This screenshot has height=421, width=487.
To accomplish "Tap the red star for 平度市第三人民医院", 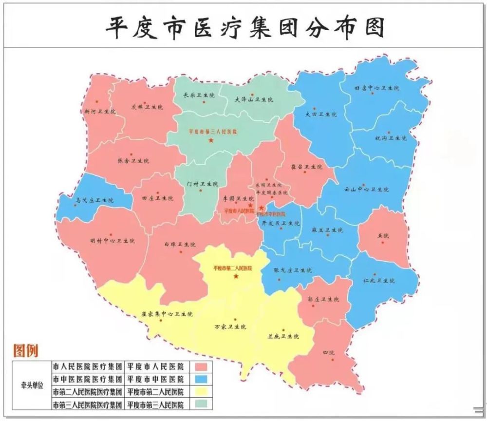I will pyautogui.click(x=211, y=140).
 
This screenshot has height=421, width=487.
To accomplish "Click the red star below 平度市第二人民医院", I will pyautogui.click(x=236, y=277).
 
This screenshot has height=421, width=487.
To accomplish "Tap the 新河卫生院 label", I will pyautogui.click(x=100, y=111).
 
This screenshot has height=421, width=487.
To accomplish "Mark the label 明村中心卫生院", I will pyautogui.click(x=112, y=241).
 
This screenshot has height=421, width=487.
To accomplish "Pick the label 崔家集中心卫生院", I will pyautogui.click(x=167, y=314).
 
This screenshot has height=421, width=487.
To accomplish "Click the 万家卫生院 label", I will pyautogui.click(x=230, y=326).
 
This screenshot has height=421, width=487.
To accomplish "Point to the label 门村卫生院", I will pyautogui.click(x=203, y=184).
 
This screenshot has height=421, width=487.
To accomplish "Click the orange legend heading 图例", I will pyautogui.click(x=26, y=350).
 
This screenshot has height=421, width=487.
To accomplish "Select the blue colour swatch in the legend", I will pyautogui.click(x=203, y=379).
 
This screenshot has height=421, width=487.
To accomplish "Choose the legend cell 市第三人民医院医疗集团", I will pyautogui.click(x=88, y=404).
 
